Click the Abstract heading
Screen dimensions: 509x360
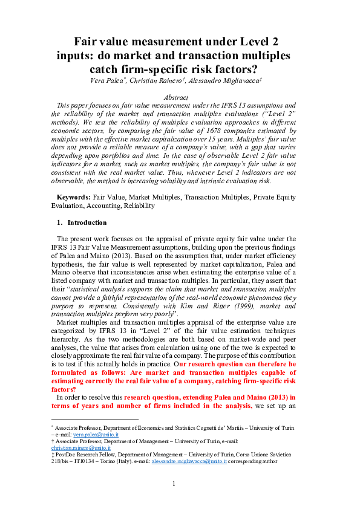pos(180,97)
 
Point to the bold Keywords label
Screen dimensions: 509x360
pos(74,197)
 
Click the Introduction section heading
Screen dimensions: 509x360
pos(87,222)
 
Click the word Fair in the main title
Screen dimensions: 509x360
pos(87,42)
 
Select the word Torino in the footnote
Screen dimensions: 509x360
pos(99,461)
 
